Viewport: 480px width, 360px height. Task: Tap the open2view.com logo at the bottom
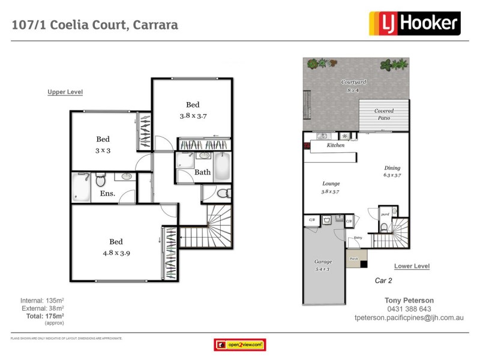tap(240, 345)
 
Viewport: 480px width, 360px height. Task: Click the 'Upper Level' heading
tap(65, 92)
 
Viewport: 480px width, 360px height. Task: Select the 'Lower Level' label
tap(412, 266)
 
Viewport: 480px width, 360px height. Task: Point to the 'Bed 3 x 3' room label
tap(103, 145)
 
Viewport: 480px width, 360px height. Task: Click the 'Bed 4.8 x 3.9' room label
tap(116, 247)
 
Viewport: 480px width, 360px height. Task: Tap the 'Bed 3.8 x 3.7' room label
tap(193, 110)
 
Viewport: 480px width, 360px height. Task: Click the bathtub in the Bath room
tap(221, 166)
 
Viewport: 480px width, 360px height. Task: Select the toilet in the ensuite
tap(100, 179)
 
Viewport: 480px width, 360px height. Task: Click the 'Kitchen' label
tap(335, 146)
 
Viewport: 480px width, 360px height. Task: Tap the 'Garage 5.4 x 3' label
tap(323, 266)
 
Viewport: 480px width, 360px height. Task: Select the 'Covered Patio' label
tap(384, 115)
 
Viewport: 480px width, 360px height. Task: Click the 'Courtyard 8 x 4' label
tap(353, 86)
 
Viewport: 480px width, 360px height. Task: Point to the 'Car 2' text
tap(383, 280)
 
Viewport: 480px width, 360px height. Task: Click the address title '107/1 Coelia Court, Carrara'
tap(95, 25)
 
